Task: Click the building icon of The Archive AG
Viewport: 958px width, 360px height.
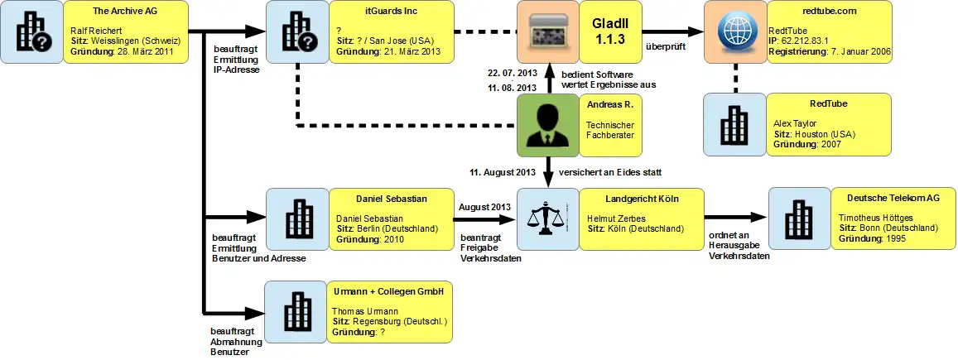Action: [31, 32]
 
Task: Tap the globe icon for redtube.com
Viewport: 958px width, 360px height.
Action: [734, 32]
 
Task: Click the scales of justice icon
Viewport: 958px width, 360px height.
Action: [547, 220]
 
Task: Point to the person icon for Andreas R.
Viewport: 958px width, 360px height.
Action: [547, 125]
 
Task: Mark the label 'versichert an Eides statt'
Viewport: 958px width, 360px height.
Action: [611, 172]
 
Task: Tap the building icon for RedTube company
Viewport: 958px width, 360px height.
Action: [734, 125]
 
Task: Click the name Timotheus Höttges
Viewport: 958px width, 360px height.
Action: [880, 217]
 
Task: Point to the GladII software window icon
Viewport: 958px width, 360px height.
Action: [547, 32]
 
